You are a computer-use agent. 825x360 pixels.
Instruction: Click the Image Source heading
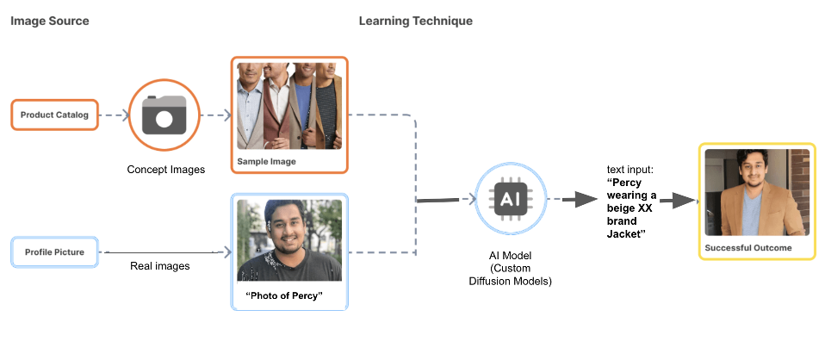(49, 21)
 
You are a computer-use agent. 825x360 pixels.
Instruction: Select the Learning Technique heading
(415, 21)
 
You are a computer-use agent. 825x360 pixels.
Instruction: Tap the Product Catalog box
(54, 115)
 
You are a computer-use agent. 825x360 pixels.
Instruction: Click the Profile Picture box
(54, 251)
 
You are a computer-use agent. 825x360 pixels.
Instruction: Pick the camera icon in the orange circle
(164, 115)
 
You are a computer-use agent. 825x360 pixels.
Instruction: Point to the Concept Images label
(166, 169)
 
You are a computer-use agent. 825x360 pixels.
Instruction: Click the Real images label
(159, 266)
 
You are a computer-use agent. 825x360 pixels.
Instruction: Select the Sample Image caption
(267, 161)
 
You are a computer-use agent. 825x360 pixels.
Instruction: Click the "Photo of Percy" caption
(283, 296)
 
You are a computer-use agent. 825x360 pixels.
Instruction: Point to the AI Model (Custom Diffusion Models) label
(514, 268)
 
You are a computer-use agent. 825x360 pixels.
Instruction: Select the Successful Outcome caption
(747, 248)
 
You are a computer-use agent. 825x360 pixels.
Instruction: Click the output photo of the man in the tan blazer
(757, 192)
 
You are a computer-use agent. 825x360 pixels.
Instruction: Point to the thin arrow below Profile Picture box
(164, 252)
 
